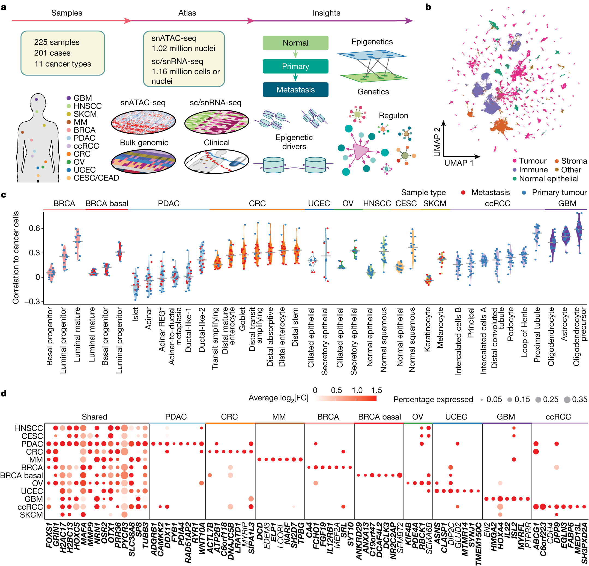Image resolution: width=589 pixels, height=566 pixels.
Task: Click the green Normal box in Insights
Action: (x=295, y=43)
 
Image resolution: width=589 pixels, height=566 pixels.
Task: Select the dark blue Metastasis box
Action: (x=295, y=89)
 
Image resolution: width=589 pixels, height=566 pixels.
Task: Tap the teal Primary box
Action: (x=295, y=66)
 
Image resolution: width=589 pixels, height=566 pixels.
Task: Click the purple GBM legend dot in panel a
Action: (x=68, y=98)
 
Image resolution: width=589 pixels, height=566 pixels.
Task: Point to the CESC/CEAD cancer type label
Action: (x=96, y=178)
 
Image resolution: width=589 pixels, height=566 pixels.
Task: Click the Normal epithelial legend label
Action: (x=548, y=179)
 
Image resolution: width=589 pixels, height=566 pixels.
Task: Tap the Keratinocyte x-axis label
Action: (x=427, y=329)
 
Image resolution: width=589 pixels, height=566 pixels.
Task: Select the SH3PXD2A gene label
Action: (x=584, y=543)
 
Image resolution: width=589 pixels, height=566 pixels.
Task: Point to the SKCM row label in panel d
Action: (x=31, y=515)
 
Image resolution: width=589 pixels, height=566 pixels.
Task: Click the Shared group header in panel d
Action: (x=94, y=417)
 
